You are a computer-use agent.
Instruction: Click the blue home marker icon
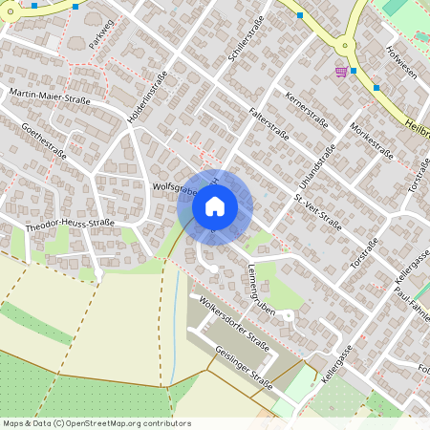coord(215,206)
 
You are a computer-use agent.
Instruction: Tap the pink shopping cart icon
coord(341,72)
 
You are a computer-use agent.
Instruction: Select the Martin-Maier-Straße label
coord(50,96)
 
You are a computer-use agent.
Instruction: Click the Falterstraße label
coord(269,119)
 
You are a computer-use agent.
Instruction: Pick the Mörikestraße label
coord(371,139)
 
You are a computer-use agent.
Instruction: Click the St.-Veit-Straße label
coord(317,211)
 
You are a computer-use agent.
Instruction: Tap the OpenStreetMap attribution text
coord(97,423)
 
